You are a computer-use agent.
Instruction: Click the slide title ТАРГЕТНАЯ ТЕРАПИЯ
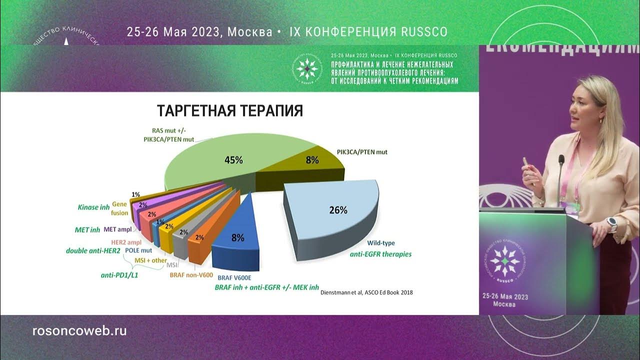[x=230, y=110]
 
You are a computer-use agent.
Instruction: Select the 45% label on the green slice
[x=233, y=160]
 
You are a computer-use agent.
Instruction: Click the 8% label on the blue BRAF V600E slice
[x=237, y=238]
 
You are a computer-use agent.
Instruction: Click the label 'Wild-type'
[x=381, y=243]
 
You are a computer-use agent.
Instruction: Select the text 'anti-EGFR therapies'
[x=381, y=254]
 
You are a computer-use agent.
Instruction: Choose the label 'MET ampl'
[x=117, y=230]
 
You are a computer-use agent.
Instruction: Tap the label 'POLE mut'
[x=138, y=250]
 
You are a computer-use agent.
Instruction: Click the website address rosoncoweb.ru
[x=79, y=330]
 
